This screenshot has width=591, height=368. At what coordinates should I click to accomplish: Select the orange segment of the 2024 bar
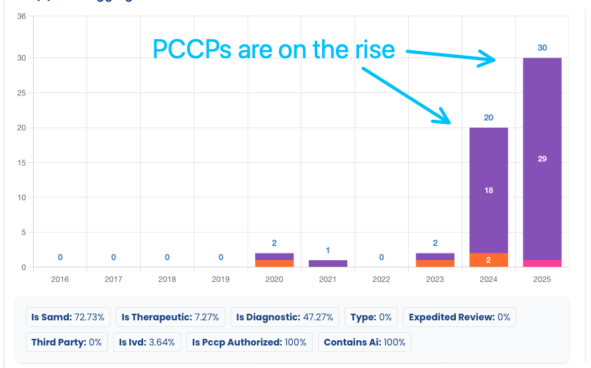click(x=488, y=260)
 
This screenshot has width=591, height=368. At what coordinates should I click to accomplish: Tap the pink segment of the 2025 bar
click(x=542, y=263)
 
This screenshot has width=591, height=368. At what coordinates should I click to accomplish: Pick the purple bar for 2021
click(x=328, y=263)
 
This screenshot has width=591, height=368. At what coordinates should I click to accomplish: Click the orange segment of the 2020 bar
click(x=274, y=263)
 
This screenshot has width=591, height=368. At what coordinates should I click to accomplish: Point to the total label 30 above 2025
click(x=542, y=48)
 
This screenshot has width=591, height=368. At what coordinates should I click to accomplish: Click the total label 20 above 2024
click(x=488, y=118)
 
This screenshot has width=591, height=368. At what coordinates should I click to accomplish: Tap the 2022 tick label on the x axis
click(x=381, y=279)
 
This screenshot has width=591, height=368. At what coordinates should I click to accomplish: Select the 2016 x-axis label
click(x=60, y=279)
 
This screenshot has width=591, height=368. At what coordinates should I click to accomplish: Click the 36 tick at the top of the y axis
click(x=21, y=16)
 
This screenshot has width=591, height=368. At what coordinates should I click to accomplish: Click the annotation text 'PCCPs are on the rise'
click(x=274, y=50)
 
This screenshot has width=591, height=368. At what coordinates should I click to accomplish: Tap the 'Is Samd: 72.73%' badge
click(x=68, y=317)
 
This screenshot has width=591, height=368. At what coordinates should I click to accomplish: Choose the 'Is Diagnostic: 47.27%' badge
click(x=286, y=317)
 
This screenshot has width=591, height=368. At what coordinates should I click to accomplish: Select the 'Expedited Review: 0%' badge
click(x=459, y=317)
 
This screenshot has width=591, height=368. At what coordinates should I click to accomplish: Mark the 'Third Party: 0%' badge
click(x=66, y=342)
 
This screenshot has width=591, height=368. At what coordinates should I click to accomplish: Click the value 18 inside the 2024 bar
click(x=488, y=190)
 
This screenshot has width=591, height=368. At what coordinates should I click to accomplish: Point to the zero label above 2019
click(x=221, y=257)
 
